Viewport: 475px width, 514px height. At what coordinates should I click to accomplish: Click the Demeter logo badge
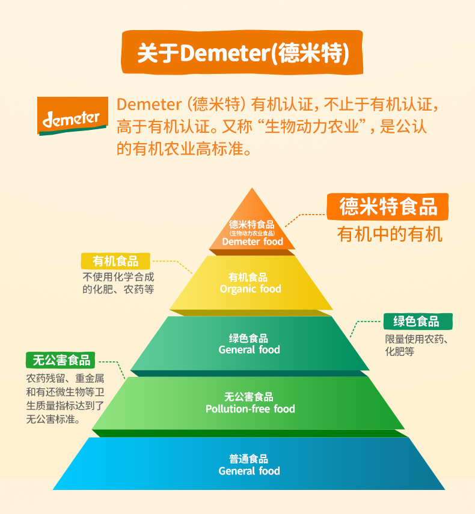(x=71, y=117)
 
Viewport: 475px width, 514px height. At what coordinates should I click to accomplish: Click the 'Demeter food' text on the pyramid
(x=253, y=242)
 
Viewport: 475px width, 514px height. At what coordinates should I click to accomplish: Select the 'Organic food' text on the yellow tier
(x=250, y=289)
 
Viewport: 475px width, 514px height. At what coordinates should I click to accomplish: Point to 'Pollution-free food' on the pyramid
(x=250, y=409)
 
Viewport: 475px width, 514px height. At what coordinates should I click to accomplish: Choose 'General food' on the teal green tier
(x=249, y=350)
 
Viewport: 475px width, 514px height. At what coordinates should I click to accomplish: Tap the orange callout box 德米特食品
(x=388, y=207)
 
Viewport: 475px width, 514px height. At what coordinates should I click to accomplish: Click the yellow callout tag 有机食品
(x=115, y=261)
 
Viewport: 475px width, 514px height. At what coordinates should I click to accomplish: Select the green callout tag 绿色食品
(x=418, y=321)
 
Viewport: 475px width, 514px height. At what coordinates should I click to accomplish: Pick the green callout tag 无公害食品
(x=61, y=360)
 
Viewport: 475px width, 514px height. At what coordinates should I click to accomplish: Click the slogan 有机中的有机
(x=390, y=234)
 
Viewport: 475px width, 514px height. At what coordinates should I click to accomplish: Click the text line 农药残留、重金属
(x=65, y=379)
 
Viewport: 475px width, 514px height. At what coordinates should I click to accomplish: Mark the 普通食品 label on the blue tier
(x=249, y=459)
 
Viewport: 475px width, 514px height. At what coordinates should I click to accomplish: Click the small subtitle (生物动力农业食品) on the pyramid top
(x=252, y=233)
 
